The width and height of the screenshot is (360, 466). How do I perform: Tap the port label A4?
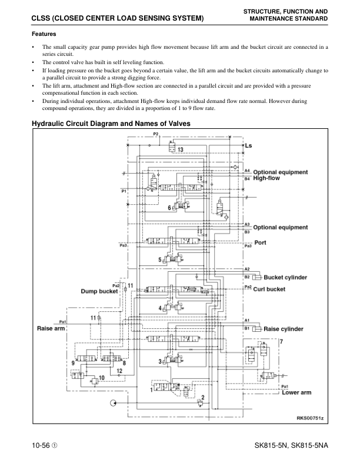pyautogui.click(x=247, y=171)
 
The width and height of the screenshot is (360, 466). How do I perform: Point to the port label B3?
pyautogui.click(x=247, y=232)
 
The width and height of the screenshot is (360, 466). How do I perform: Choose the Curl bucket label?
pyautogui.click(x=269, y=289)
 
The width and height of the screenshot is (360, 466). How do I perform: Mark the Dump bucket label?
pyautogui.click(x=100, y=291)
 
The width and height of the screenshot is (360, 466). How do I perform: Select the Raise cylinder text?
pyautogui.click(x=284, y=329)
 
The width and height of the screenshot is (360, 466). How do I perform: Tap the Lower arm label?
pyautogui.click(x=296, y=392)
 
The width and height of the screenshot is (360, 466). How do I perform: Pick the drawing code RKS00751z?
pyautogui.click(x=310, y=418)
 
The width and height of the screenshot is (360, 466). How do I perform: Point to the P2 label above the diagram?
pyautogui.click(x=155, y=134)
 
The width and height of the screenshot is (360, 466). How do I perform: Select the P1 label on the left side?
pyautogui.click(x=124, y=191)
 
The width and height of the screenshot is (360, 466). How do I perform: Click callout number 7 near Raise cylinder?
pyautogui.click(x=281, y=341)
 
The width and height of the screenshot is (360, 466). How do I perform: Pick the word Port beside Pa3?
pyautogui.click(x=261, y=242)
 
